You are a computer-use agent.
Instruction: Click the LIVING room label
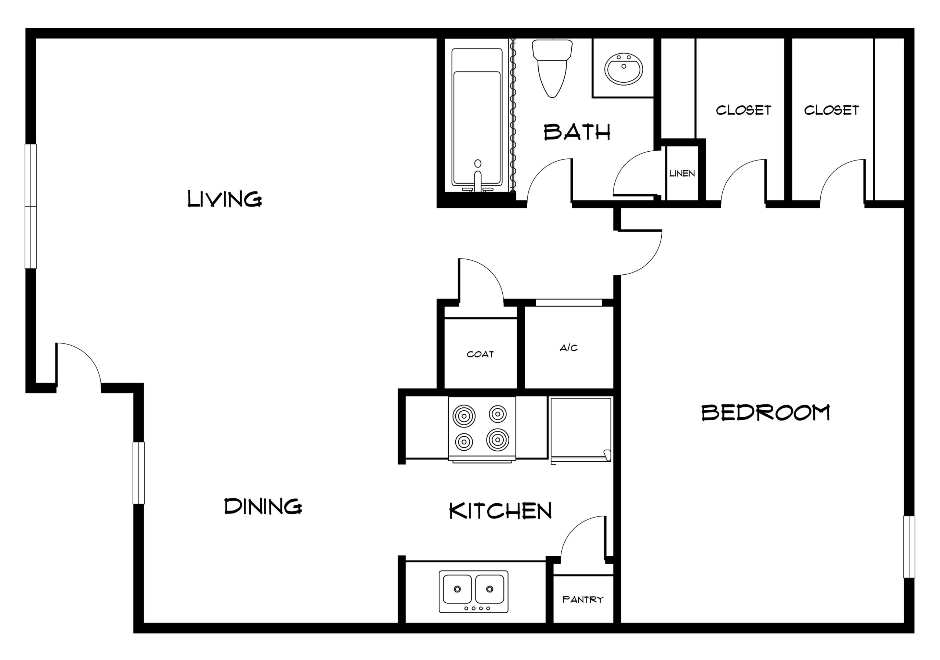(x=224, y=199)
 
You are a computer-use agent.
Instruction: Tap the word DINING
(x=263, y=506)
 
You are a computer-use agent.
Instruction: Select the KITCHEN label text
(x=500, y=511)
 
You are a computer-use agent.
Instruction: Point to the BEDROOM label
(x=766, y=413)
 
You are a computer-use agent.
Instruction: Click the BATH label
(x=577, y=132)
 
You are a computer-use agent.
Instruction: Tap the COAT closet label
(x=480, y=354)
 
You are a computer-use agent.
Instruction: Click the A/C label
(x=569, y=348)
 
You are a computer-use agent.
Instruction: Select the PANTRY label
(x=583, y=600)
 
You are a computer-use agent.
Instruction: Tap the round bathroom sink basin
(x=623, y=69)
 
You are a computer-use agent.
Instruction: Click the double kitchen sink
(x=473, y=592)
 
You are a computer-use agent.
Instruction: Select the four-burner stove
(x=482, y=429)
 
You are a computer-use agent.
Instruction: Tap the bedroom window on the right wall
(x=909, y=547)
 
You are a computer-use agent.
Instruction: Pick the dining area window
(x=139, y=473)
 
